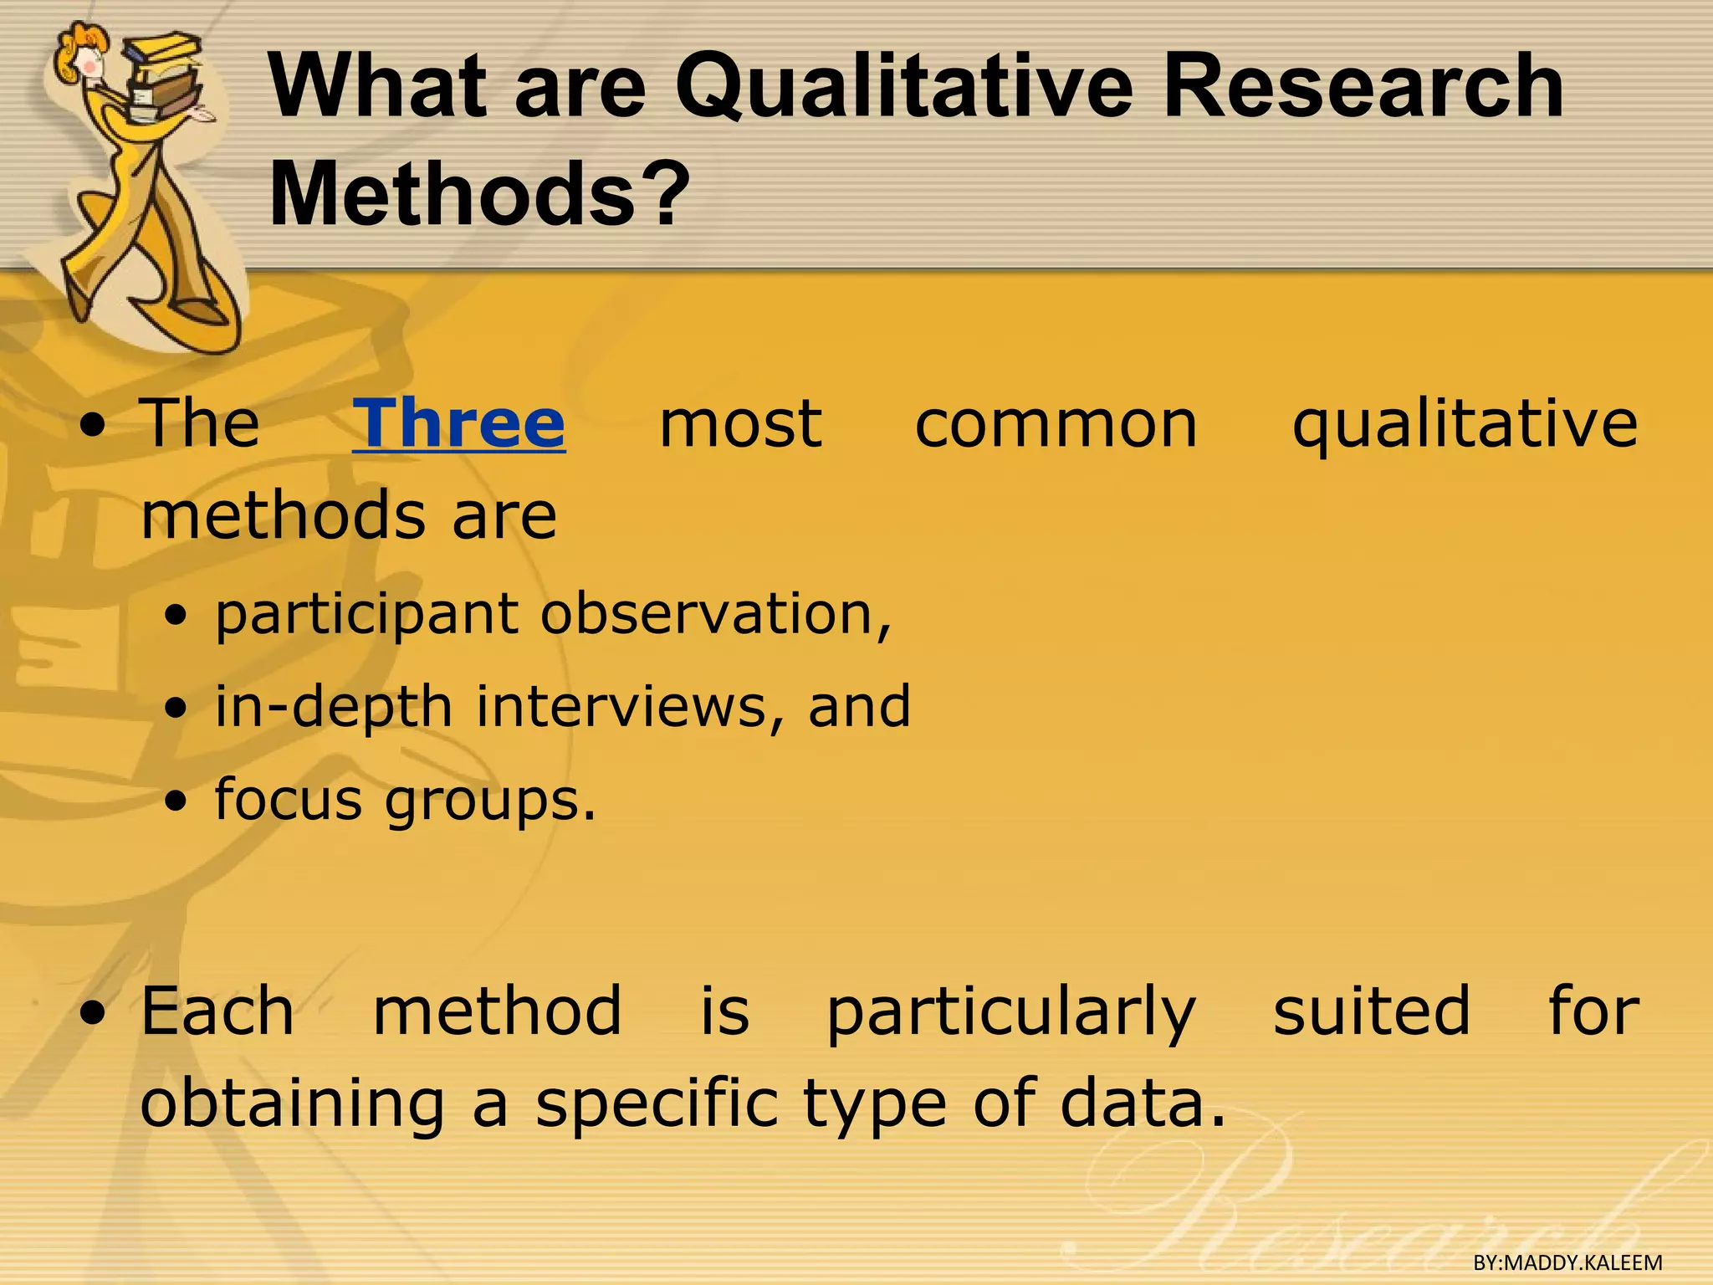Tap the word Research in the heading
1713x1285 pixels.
click(x=1363, y=86)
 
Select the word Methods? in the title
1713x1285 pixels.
click(x=479, y=194)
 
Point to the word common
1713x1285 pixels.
click(x=1056, y=425)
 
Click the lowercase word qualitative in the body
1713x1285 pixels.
click(x=1465, y=425)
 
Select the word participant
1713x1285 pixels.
click(x=366, y=615)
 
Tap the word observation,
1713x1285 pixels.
click(x=716, y=613)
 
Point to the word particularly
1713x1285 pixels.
click(x=1011, y=1012)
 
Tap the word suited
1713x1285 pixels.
click(x=1371, y=1011)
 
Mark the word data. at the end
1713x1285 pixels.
click(x=1143, y=1103)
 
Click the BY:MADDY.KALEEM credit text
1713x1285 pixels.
click(x=1567, y=1262)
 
